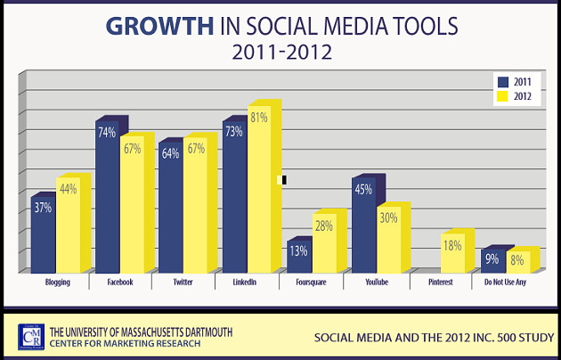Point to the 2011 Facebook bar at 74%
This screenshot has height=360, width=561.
point(107,200)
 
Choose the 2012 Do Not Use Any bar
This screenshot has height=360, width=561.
point(518,263)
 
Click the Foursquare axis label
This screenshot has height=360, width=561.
point(309,282)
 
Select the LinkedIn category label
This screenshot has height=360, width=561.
point(245,282)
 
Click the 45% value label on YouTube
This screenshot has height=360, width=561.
point(363,189)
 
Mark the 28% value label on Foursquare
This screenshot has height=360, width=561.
point(323,225)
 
